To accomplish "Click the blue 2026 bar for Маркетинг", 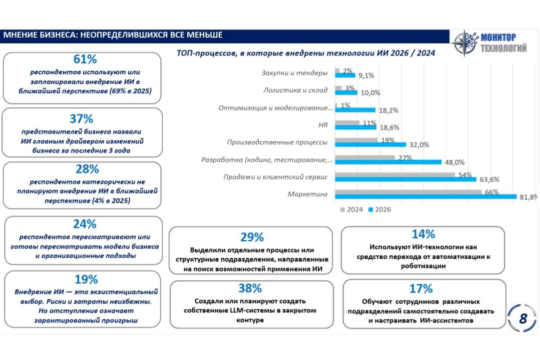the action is click(x=426, y=197).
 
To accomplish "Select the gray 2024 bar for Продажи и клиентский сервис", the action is click(x=395, y=175).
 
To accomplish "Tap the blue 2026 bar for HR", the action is click(x=355, y=127).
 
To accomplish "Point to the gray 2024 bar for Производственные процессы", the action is click(x=356, y=140).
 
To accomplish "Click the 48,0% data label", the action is click(x=454, y=162).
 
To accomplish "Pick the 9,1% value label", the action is click(x=366, y=76).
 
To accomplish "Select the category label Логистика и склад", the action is click(x=295, y=90).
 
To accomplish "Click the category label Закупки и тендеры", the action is click(x=295, y=73).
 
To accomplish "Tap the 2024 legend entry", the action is click(x=351, y=210).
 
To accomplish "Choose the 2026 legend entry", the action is click(x=380, y=210).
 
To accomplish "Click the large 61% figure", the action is click(x=85, y=59).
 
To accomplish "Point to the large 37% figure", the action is click(x=81, y=119).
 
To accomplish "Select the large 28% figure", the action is click(x=87, y=169).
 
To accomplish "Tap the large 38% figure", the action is click(x=250, y=288).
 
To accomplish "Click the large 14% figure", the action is click(x=423, y=234).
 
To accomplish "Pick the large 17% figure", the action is click(x=421, y=288).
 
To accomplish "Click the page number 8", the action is click(x=523, y=319).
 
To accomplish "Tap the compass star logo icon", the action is click(x=464, y=43).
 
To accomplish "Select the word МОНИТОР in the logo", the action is click(x=499, y=38).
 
